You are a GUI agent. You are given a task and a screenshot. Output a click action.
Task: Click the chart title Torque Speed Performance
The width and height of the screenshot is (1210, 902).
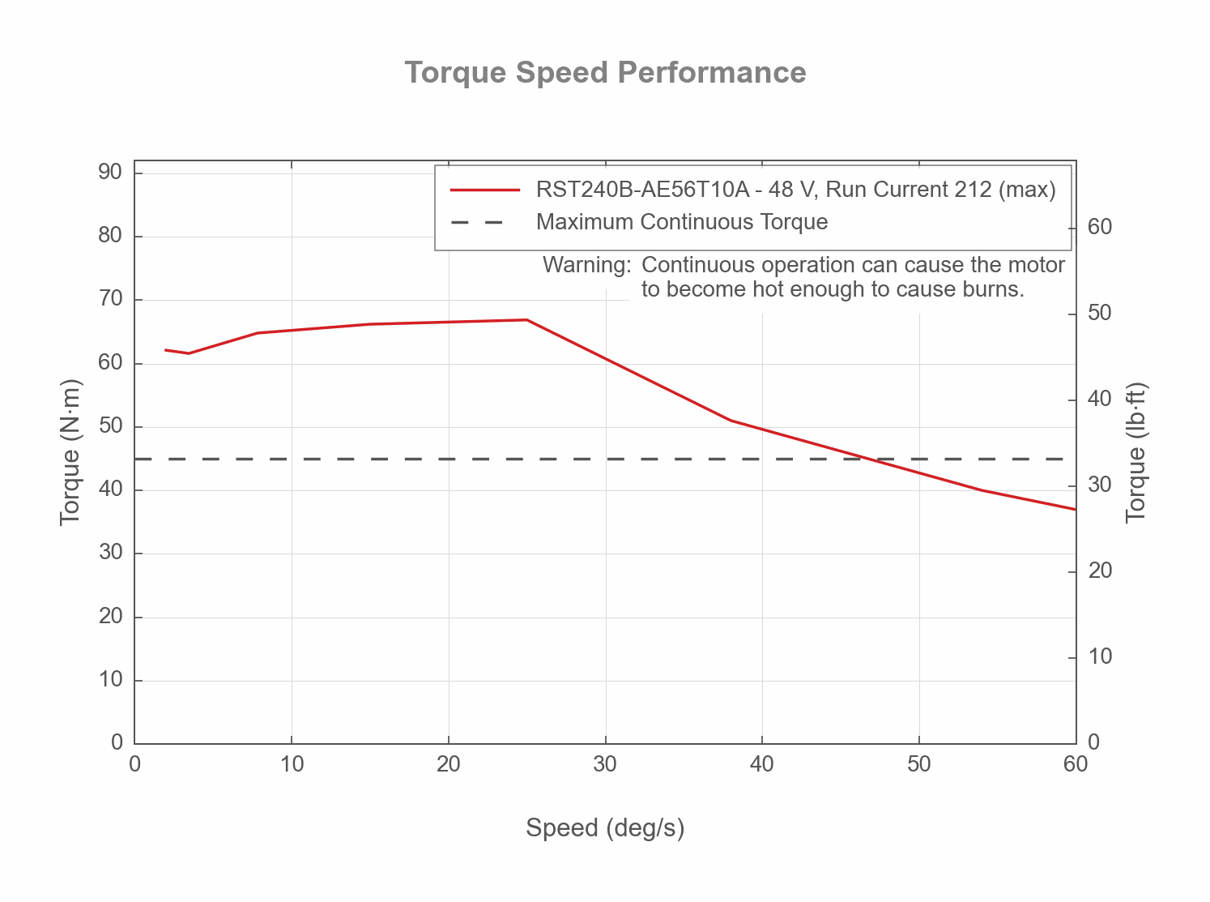click(605, 72)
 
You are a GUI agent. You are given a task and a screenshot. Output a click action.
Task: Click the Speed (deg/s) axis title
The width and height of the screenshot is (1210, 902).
click(605, 827)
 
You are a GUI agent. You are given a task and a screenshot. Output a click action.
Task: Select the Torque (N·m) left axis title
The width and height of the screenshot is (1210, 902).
click(70, 452)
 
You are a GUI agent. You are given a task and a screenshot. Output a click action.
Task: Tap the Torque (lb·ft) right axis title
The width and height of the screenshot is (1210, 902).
click(1136, 452)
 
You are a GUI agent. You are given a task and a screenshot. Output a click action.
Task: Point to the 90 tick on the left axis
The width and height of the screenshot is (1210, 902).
click(110, 172)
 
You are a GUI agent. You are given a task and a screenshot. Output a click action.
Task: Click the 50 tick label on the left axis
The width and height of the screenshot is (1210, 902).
click(110, 426)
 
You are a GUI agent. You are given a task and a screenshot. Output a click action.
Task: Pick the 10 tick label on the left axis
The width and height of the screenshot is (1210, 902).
click(110, 680)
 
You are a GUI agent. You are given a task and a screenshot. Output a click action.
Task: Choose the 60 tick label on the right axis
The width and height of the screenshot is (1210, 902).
click(1100, 227)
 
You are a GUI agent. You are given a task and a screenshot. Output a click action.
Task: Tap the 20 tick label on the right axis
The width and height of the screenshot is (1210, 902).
click(1100, 571)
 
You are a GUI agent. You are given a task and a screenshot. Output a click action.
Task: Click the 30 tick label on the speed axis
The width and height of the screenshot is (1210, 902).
click(605, 764)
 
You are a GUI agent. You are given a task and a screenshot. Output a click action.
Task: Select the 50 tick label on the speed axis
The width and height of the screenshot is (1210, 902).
click(918, 764)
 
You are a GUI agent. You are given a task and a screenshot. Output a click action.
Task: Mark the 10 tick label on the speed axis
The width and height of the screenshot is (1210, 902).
click(292, 764)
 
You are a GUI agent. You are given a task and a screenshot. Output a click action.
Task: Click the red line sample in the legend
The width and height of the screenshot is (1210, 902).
click(484, 190)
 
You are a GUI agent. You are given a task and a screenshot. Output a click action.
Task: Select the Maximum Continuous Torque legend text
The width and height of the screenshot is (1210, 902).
click(682, 222)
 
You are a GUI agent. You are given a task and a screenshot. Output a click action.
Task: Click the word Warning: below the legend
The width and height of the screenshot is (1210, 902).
click(586, 265)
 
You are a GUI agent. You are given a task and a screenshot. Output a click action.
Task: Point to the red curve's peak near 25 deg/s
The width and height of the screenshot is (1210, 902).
click(526, 319)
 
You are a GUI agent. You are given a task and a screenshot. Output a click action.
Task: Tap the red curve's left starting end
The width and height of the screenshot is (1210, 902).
click(166, 350)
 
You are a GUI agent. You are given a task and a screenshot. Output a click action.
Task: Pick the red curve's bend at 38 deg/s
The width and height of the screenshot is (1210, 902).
click(731, 420)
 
